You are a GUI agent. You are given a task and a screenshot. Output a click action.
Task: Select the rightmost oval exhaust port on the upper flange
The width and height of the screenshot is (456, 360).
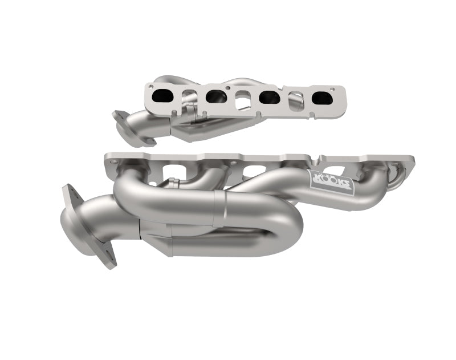pyautogui.click(x=323, y=98)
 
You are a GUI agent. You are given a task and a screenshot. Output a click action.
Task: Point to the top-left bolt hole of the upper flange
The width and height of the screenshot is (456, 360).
pyautogui.click(x=151, y=86)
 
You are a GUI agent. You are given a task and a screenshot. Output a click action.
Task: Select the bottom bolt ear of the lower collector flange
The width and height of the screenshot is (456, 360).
pyautogui.click(x=108, y=260)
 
